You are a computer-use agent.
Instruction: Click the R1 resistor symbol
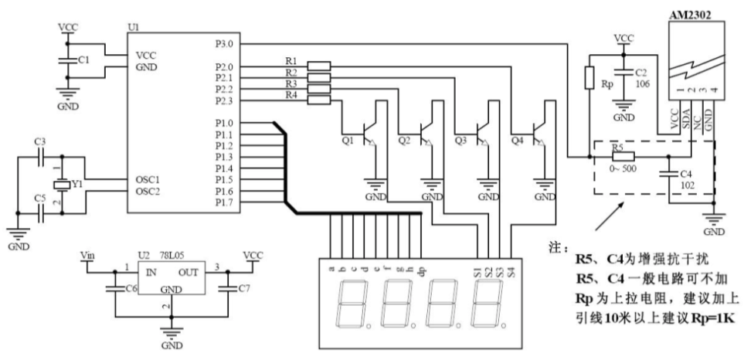(x=318, y=66)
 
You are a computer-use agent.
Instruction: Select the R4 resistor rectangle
(x=318, y=100)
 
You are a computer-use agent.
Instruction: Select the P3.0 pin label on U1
(x=224, y=44)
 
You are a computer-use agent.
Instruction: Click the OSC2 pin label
(x=147, y=192)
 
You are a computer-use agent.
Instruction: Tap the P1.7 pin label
(x=224, y=202)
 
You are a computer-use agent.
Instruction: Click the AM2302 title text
(x=691, y=15)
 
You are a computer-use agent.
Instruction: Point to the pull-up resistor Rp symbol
(x=589, y=78)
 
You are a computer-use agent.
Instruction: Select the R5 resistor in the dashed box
(x=623, y=157)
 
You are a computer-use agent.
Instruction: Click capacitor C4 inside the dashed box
(x=668, y=174)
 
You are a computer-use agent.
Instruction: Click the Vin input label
(x=87, y=256)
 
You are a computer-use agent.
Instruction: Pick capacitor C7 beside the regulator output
(x=228, y=288)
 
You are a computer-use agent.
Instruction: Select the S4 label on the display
(x=511, y=273)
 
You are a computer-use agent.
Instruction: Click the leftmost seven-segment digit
(x=352, y=304)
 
